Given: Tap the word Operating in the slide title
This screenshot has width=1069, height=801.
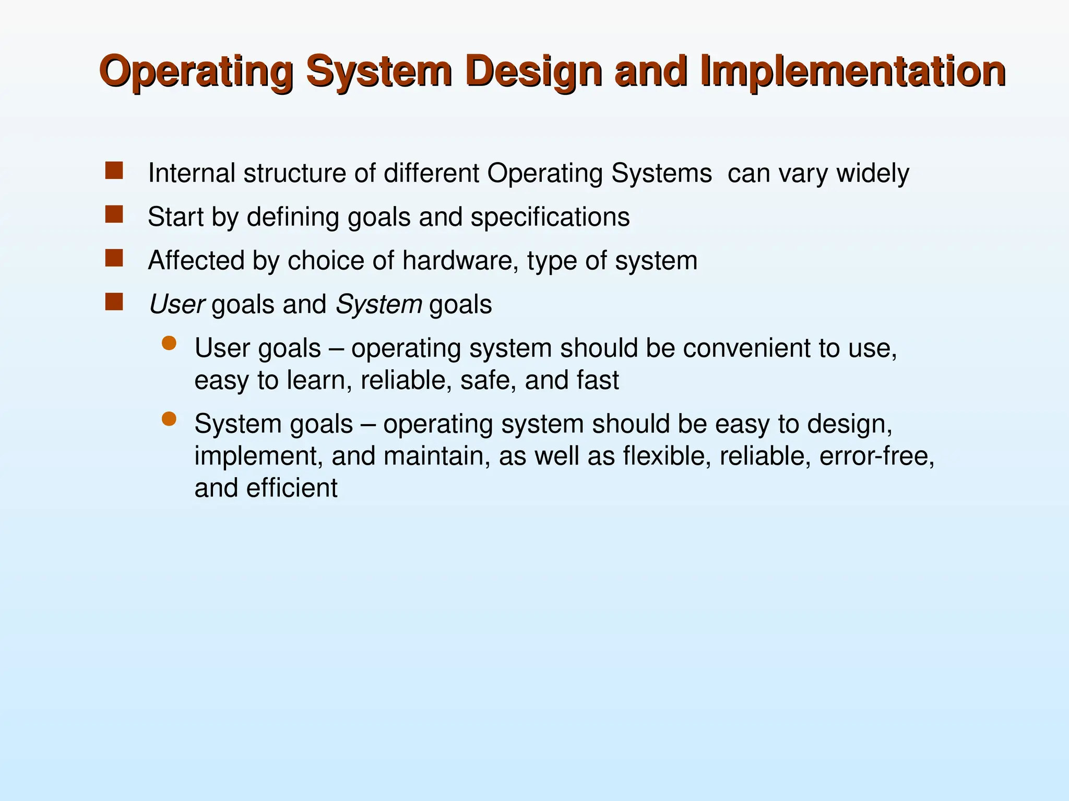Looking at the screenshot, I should pos(197,71).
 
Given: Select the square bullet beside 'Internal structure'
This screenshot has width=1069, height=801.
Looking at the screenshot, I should pos(114,171).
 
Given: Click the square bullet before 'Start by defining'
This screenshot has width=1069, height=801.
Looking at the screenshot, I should pos(114,214).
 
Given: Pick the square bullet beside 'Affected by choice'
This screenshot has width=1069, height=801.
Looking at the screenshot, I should pos(114,258).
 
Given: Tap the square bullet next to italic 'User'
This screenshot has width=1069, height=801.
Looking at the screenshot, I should pos(114,302).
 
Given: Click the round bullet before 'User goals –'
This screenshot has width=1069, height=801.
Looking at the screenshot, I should pos(169,343).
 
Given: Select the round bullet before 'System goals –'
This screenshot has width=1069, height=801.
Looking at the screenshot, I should pos(169,419).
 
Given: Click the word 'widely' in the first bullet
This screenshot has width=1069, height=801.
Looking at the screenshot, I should pos(873,173).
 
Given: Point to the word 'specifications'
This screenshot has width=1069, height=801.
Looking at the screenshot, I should pos(550,217).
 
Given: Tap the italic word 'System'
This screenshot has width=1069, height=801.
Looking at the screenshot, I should pos(379,305).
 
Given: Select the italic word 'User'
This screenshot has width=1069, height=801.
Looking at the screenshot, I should pos(177,305).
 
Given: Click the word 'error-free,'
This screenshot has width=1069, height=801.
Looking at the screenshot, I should pos(876,456).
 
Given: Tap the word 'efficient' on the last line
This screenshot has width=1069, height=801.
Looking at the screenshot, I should pos(292,489).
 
